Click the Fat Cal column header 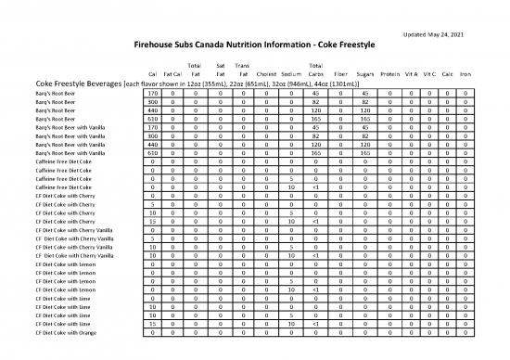click(x=171, y=73)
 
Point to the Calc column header click(x=448, y=73)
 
